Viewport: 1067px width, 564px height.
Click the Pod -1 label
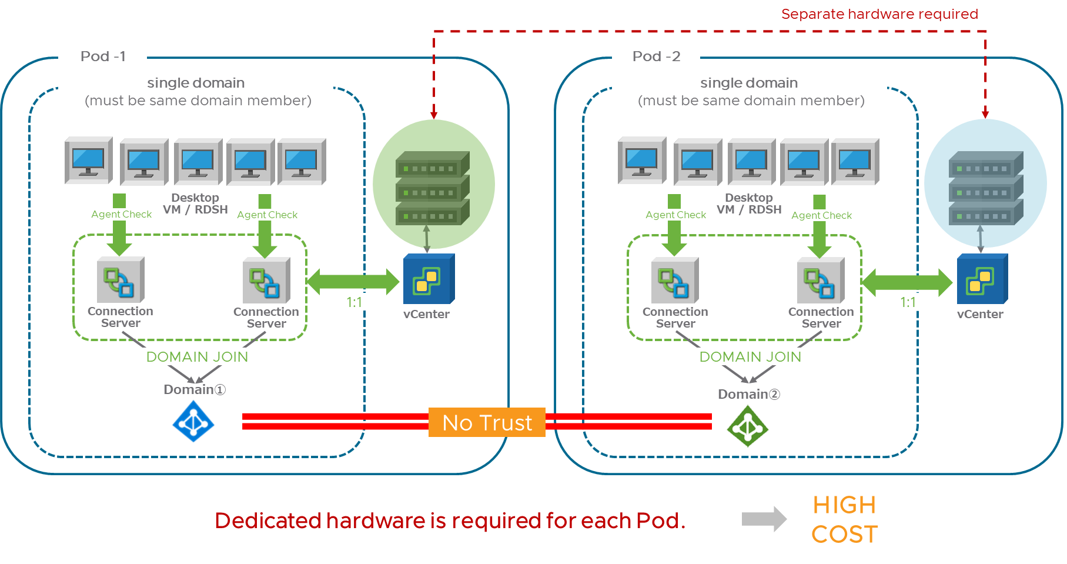point(103,56)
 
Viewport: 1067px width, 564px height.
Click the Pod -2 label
point(656,56)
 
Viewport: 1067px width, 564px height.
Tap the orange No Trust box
point(487,422)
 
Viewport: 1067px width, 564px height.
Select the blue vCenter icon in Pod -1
point(429,279)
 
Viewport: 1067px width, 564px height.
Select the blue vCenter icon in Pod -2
point(982,279)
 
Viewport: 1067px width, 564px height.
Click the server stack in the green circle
point(433,188)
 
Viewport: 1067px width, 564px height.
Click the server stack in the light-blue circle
point(986,188)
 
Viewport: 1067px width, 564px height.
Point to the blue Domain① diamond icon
point(193,421)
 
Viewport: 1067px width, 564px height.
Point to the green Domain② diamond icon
point(747,426)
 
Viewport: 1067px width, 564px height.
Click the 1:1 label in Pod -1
point(354,302)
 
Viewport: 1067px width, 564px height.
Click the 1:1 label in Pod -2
point(908,302)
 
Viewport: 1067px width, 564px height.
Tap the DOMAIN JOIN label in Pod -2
point(750,356)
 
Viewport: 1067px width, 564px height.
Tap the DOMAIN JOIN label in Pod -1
point(197,356)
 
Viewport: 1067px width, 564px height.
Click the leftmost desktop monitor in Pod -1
point(89,161)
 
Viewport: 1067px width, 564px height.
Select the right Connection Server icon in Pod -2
point(821,281)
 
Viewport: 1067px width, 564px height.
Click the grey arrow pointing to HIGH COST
point(764,519)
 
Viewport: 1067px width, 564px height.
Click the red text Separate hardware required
point(879,14)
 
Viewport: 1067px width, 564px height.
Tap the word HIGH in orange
point(844,505)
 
